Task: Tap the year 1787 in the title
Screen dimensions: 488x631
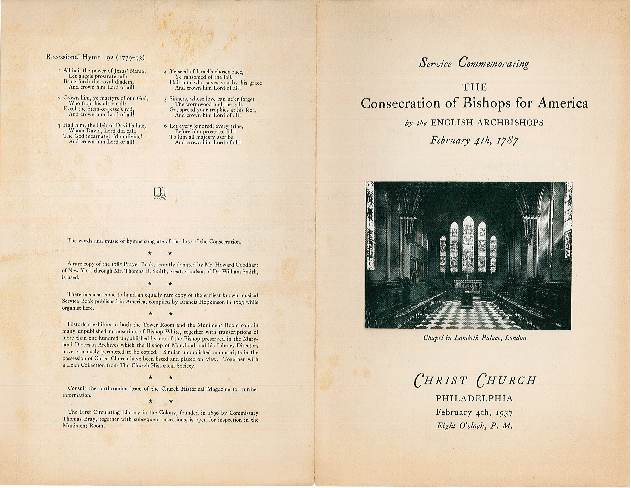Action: coord(507,141)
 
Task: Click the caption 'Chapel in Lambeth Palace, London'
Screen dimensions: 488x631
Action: coord(475,338)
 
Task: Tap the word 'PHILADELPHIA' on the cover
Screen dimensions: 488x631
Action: coord(474,398)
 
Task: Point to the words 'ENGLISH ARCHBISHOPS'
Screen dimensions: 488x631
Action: coord(487,123)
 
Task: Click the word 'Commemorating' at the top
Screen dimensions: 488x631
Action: coord(494,64)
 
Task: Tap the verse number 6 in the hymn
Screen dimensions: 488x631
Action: coord(166,126)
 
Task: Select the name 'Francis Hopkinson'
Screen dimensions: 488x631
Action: coord(202,302)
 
